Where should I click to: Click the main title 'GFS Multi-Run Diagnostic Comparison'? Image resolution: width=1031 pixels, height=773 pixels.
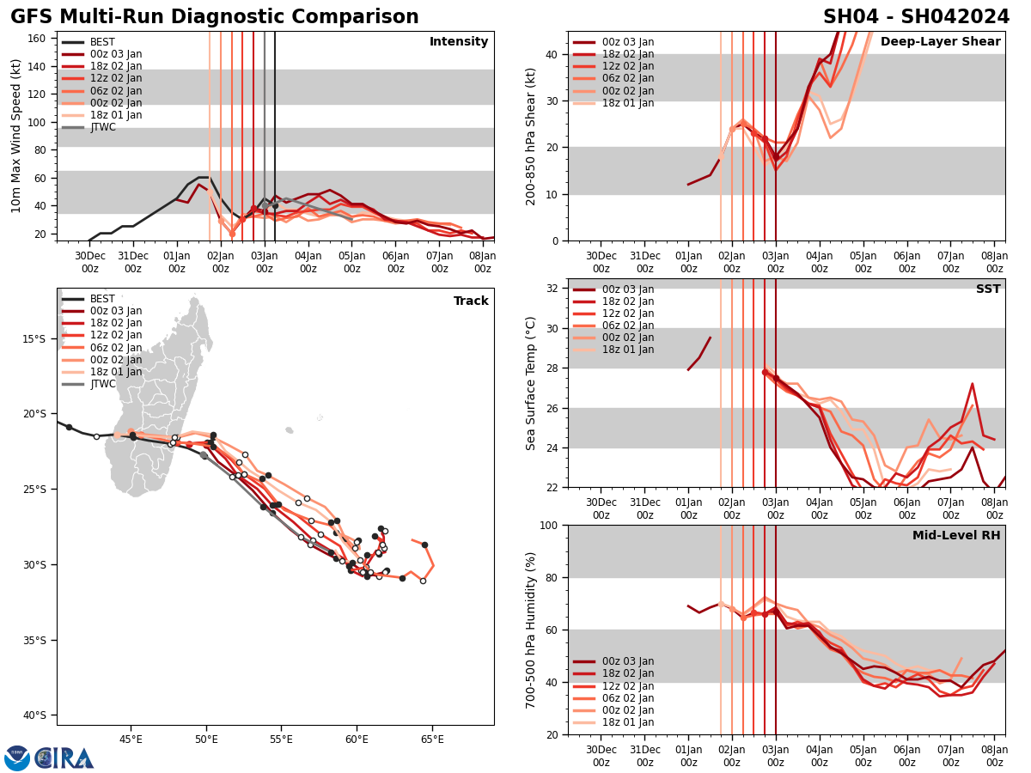coord(215,17)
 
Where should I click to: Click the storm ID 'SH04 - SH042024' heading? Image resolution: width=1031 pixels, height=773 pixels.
coord(916,17)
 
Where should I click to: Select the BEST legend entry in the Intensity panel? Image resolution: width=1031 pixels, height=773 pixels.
coord(101,42)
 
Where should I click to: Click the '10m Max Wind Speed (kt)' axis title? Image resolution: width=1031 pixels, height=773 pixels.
coord(15,136)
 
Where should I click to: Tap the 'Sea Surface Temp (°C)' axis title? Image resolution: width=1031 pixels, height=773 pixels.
coord(531,383)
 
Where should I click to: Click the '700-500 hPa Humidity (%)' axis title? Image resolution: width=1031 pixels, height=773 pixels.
coord(531,630)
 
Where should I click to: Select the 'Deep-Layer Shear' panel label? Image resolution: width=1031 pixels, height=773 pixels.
coord(940,42)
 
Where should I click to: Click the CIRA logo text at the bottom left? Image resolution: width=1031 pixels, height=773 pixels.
coord(65,758)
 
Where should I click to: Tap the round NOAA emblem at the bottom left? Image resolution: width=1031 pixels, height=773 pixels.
coord(17,758)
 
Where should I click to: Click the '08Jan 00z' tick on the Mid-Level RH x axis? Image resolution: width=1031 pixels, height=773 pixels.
coord(994,753)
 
